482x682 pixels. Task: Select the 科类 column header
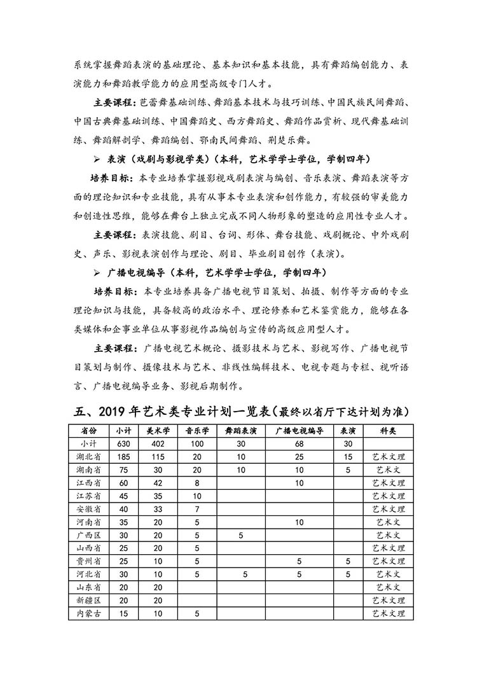388,431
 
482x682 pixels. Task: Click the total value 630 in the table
123,443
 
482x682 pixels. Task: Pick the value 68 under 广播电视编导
299,443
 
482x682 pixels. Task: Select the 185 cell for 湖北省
123,457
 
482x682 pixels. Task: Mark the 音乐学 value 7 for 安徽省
198,509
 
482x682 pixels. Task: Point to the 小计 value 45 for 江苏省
123,496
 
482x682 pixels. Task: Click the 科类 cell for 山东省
388,587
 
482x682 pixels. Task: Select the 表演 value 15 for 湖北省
348,457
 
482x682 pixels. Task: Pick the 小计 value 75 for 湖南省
123,470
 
